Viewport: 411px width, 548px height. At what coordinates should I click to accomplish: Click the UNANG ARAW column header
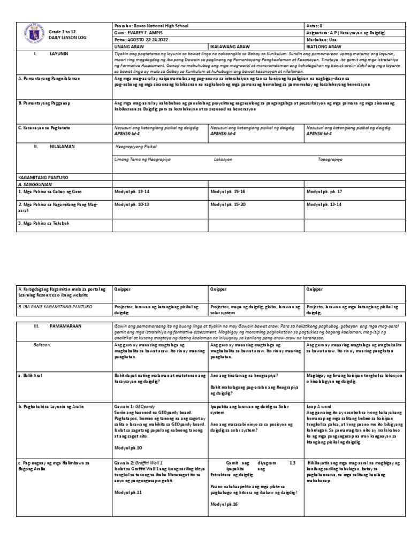[129, 47]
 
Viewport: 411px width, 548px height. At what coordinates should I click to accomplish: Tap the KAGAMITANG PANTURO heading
[44, 176]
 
